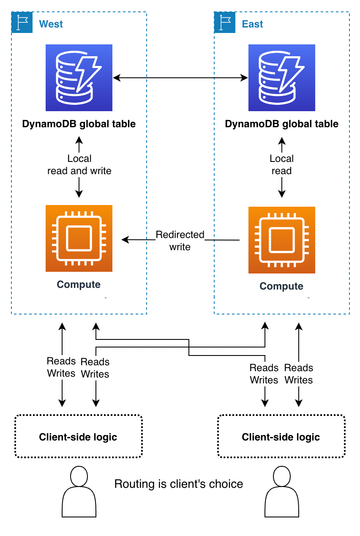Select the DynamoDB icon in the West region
79,78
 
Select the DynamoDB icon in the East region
282,78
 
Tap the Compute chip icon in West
79,238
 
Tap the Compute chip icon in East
282,240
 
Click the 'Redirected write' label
180,241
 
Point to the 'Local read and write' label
79,164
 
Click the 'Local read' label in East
282,164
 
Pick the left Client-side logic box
78,436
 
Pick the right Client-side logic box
281,436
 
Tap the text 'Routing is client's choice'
179,484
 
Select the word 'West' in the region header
51,24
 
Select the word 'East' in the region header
253,24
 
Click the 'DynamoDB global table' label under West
79,124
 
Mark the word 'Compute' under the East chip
281,286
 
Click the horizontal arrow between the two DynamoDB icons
180,78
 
